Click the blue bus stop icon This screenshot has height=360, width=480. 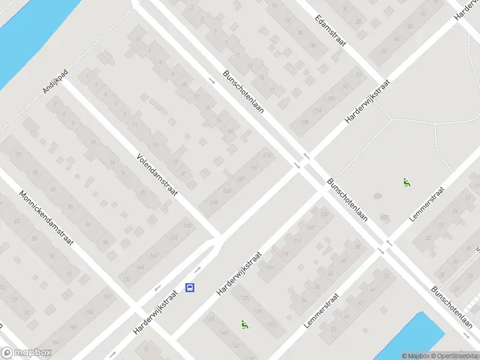(x=190, y=288)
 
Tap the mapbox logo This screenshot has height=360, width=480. (x=26, y=353)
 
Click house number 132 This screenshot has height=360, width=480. (x=188, y=226)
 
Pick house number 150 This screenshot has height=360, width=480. (x=126, y=280)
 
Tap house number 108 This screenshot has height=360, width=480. (x=304, y=122)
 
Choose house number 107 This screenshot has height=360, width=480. (x=310, y=228)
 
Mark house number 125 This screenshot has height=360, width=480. (x=244, y=298)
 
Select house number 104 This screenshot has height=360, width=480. (x=317, y=111)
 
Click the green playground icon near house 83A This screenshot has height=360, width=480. (x=406, y=183)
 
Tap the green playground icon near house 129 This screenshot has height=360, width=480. (x=244, y=325)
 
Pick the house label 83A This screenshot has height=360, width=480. (x=377, y=196)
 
